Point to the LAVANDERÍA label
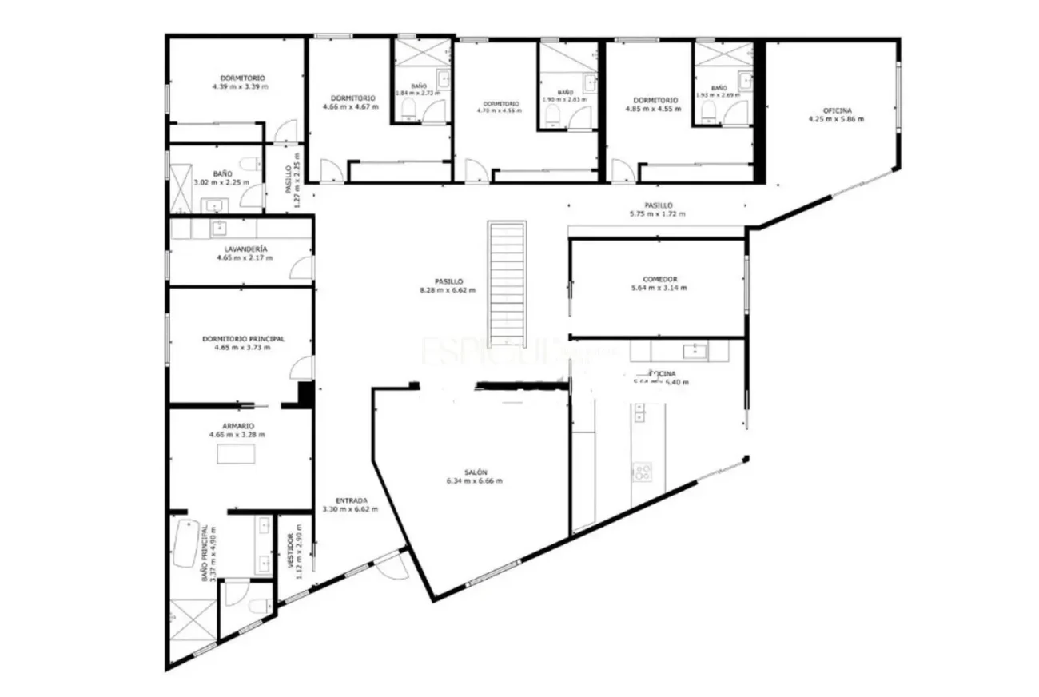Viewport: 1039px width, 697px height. pyautogui.click(x=241, y=249)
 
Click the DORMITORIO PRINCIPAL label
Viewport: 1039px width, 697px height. pyautogui.click(x=243, y=339)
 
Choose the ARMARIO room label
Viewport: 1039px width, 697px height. pyautogui.click(x=237, y=426)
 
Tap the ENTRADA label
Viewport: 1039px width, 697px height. pyautogui.click(x=352, y=500)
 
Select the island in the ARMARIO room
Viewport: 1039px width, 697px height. pyautogui.click(x=237, y=454)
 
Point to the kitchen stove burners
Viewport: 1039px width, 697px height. pyautogui.click(x=642, y=472)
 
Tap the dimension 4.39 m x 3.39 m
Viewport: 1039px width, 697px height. pyautogui.click(x=240, y=86)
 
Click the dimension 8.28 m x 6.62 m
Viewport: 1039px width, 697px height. pyautogui.click(x=448, y=290)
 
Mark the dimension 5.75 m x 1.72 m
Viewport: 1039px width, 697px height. pyautogui.click(x=658, y=213)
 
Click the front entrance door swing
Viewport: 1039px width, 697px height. pyautogui.click(x=393, y=567)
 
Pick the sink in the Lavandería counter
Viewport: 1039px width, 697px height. pyautogui.click(x=218, y=229)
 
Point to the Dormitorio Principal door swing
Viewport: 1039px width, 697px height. pyautogui.click(x=302, y=368)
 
